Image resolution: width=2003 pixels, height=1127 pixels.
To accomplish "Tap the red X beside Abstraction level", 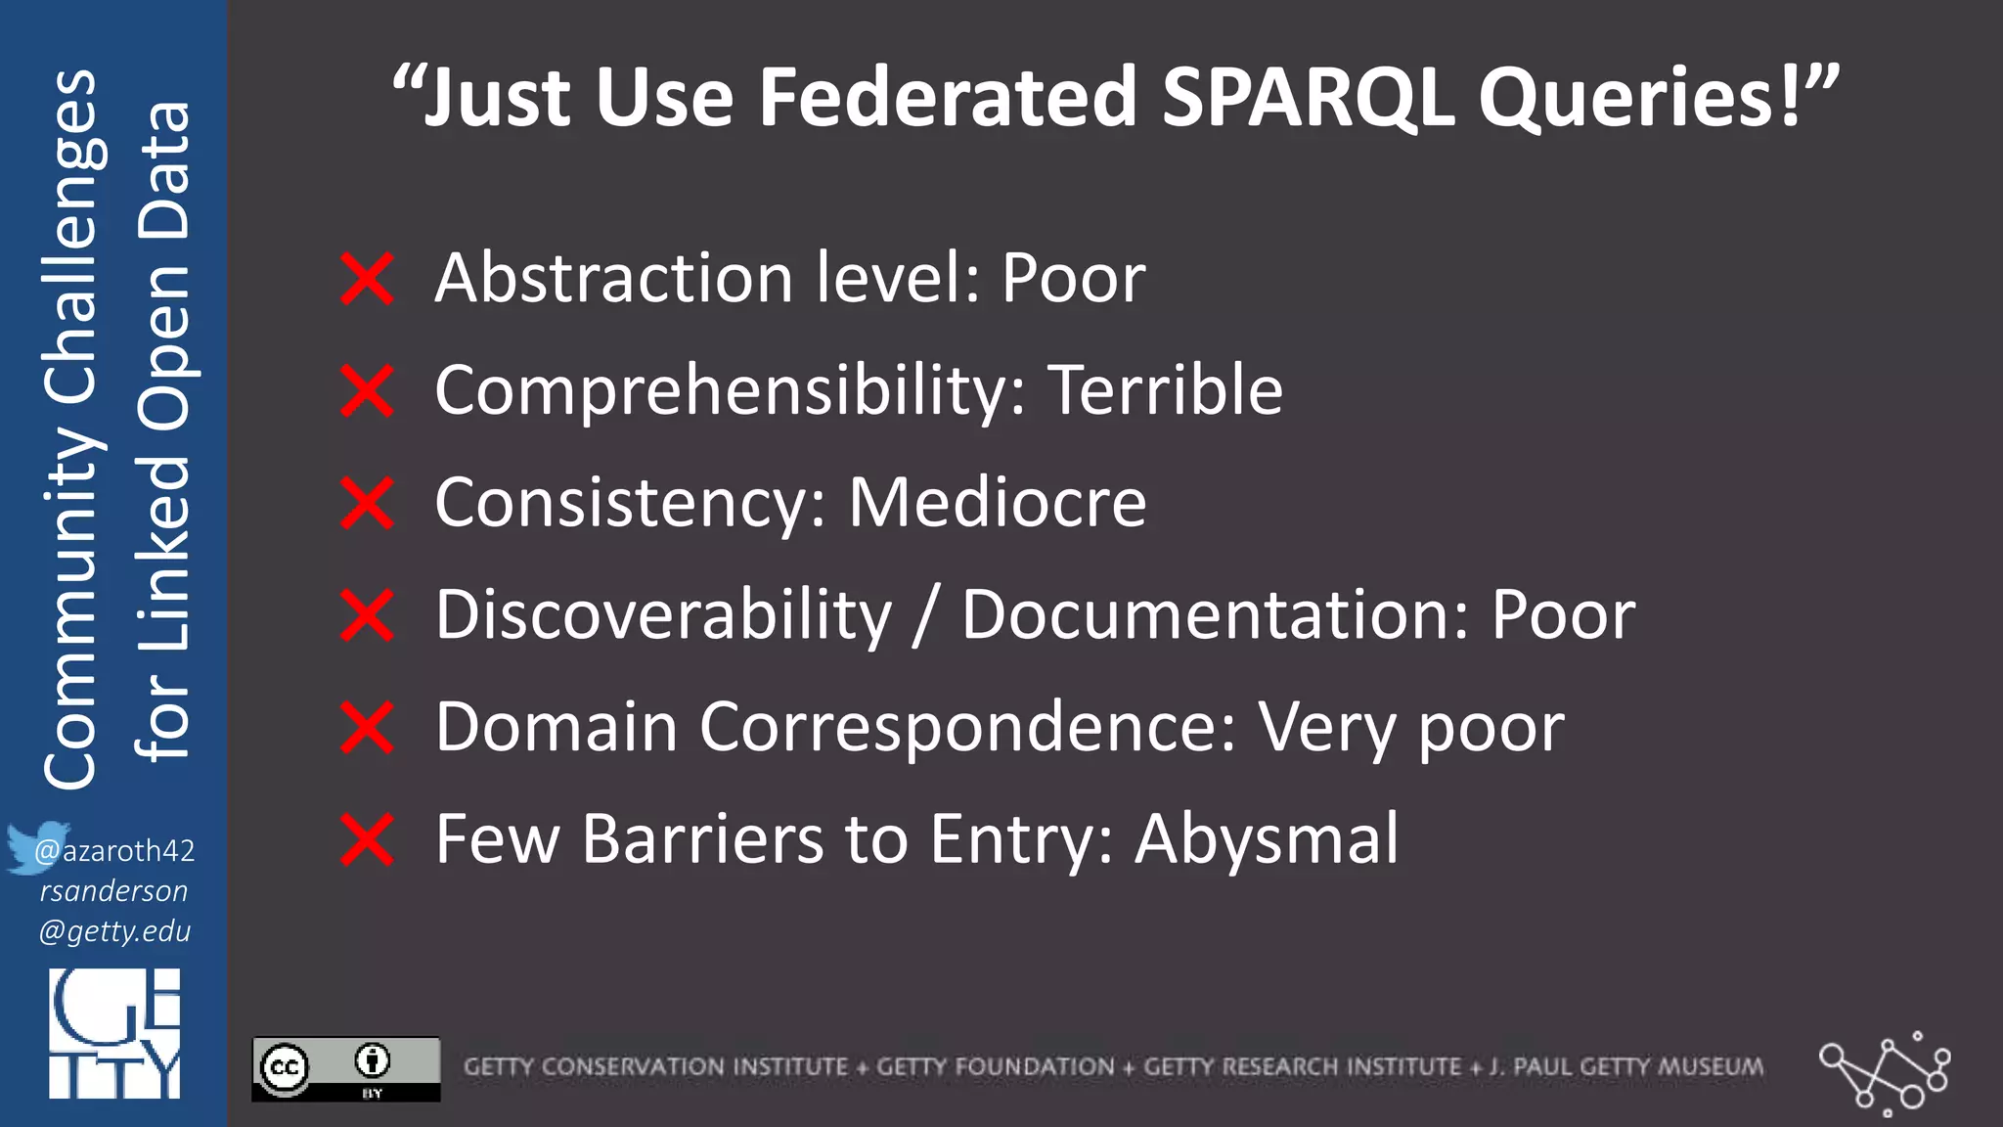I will [x=367, y=279].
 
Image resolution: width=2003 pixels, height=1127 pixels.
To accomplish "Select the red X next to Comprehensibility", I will [x=367, y=390].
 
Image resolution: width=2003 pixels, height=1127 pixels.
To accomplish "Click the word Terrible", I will [x=1166, y=390].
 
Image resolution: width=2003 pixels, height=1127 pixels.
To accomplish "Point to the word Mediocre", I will [x=998, y=503].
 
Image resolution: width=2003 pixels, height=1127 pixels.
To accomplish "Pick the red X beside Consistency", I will [x=367, y=503].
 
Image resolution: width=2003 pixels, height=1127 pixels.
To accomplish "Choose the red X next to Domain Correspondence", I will [x=367, y=728].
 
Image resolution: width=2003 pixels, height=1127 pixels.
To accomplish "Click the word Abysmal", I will [x=1267, y=839].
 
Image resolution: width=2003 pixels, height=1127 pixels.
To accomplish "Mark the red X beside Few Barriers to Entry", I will [x=367, y=840].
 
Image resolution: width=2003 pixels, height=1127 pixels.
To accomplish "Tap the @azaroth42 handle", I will [x=115, y=851].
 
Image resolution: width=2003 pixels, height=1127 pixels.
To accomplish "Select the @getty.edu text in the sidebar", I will [x=114, y=931].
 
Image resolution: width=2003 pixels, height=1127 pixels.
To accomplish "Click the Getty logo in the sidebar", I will [x=114, y=1033].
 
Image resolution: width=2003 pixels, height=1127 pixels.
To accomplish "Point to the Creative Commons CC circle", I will [x=285, y=1067].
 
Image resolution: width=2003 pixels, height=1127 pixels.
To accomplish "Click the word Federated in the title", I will [x=948, y=98].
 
